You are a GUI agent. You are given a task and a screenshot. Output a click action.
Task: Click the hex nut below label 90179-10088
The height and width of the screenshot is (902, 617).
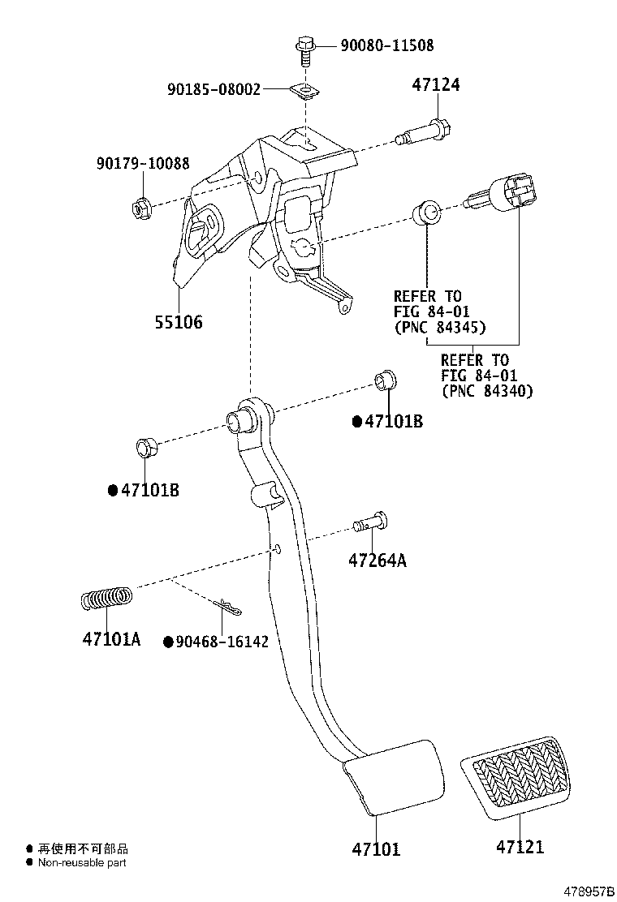[140, 208]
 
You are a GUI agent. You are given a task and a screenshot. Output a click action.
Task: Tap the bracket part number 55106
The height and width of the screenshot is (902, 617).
[178, 323]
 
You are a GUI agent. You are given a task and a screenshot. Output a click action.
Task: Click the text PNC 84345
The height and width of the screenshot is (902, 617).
[439, 328]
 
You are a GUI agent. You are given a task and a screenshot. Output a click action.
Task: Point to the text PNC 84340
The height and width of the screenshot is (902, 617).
[486, 391]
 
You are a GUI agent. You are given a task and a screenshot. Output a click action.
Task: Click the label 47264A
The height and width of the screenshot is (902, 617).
[378, 560]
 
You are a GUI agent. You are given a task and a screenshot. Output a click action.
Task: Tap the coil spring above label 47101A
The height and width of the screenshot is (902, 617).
[106, 600]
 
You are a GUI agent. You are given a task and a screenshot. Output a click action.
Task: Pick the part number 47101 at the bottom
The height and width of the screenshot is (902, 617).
[376, 849]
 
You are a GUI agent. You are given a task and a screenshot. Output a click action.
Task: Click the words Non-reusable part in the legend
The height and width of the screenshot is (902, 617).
[82, 863]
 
